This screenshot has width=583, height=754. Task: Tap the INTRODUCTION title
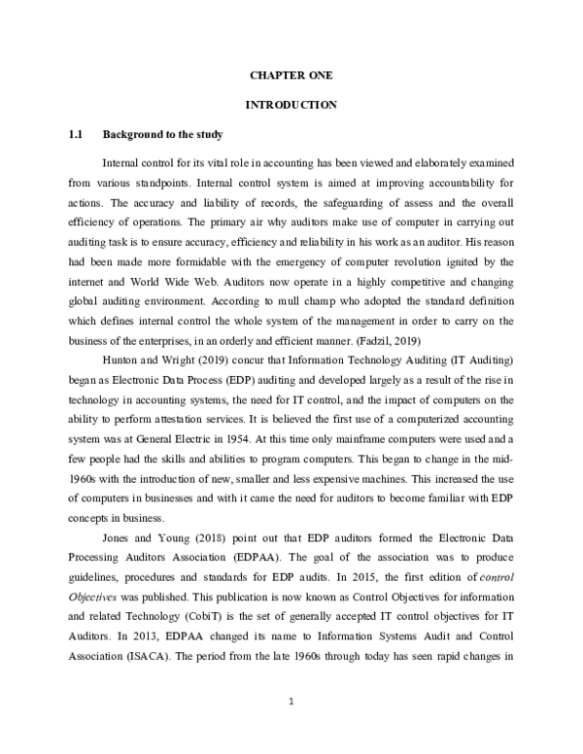tap(291, 103)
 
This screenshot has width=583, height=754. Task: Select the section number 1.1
tap(75, 133)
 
